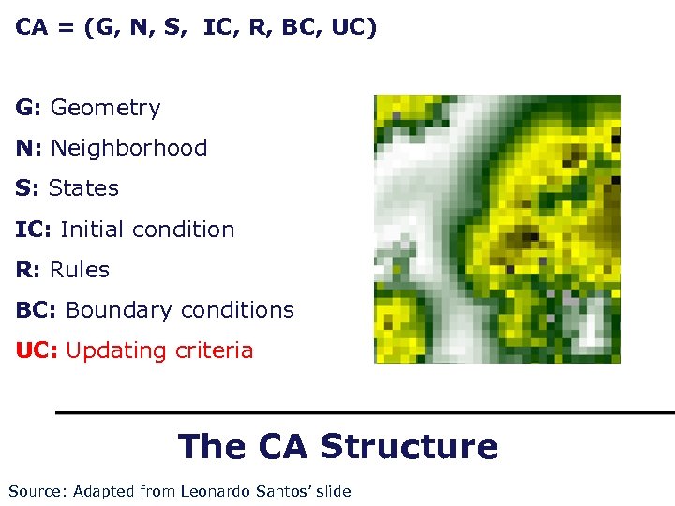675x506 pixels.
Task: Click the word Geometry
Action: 105,109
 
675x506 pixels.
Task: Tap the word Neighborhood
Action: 128,148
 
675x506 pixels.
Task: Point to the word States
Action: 83,188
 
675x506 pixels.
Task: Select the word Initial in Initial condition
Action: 92,230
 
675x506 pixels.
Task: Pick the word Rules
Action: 80,270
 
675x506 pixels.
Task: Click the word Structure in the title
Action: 409,446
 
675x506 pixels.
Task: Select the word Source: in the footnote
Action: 37,491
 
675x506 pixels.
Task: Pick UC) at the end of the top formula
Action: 355,27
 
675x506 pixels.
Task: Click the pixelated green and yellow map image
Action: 497,229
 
